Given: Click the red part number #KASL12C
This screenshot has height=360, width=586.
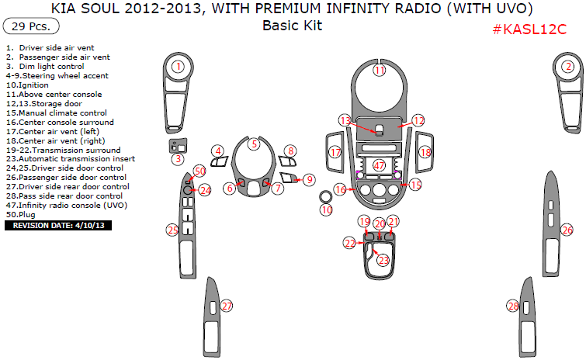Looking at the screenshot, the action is [529, 29].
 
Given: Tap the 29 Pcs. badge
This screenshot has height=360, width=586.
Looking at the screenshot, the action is [31, 26].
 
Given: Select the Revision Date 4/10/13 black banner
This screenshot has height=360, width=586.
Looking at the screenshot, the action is [58, 225].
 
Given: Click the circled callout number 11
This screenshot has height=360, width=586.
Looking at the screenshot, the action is [380, 70].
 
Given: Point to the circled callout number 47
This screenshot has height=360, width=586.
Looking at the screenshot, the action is [379, 165].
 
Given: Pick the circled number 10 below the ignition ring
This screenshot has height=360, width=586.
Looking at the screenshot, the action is [327, 210].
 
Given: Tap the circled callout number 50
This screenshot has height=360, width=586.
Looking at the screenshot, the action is [200, 171].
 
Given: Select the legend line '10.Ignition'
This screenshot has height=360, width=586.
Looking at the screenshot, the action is [27, 85].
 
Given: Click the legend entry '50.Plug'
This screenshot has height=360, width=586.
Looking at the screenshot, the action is [20, 214].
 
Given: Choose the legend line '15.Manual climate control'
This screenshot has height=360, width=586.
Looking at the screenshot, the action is [57, 112].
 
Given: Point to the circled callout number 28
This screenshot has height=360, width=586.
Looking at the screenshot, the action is [513, 306].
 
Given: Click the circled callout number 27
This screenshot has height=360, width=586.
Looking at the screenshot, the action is [227, 306].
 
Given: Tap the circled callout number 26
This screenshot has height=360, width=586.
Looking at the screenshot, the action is [567, 230].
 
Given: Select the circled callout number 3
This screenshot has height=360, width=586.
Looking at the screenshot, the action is [179, 159].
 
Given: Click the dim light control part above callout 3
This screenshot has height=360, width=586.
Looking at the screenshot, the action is [179, 146].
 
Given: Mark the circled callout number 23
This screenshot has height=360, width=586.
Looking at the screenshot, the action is [383, 260].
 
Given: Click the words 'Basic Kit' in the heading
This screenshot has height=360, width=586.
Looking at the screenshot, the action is [293, 26].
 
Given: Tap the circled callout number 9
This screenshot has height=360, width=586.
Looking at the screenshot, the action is [309, 180].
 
